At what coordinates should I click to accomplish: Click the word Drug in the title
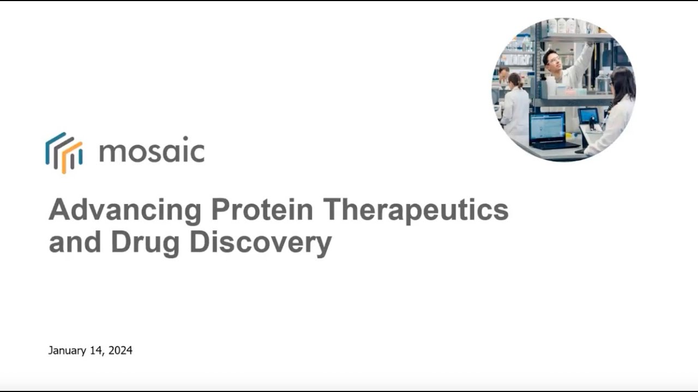[145, 243]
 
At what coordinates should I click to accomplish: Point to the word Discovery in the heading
[260, 243]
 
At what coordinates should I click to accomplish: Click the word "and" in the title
[75, 242]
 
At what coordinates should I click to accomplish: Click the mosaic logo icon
[64, 152]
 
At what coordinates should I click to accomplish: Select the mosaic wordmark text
[152, 152]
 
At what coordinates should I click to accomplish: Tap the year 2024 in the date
[120, 351]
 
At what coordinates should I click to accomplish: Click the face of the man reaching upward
[552, 58]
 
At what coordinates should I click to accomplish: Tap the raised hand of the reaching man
[589, 45]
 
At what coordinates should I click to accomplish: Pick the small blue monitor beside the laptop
[588, 115]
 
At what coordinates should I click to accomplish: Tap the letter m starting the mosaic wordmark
[111, 154]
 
